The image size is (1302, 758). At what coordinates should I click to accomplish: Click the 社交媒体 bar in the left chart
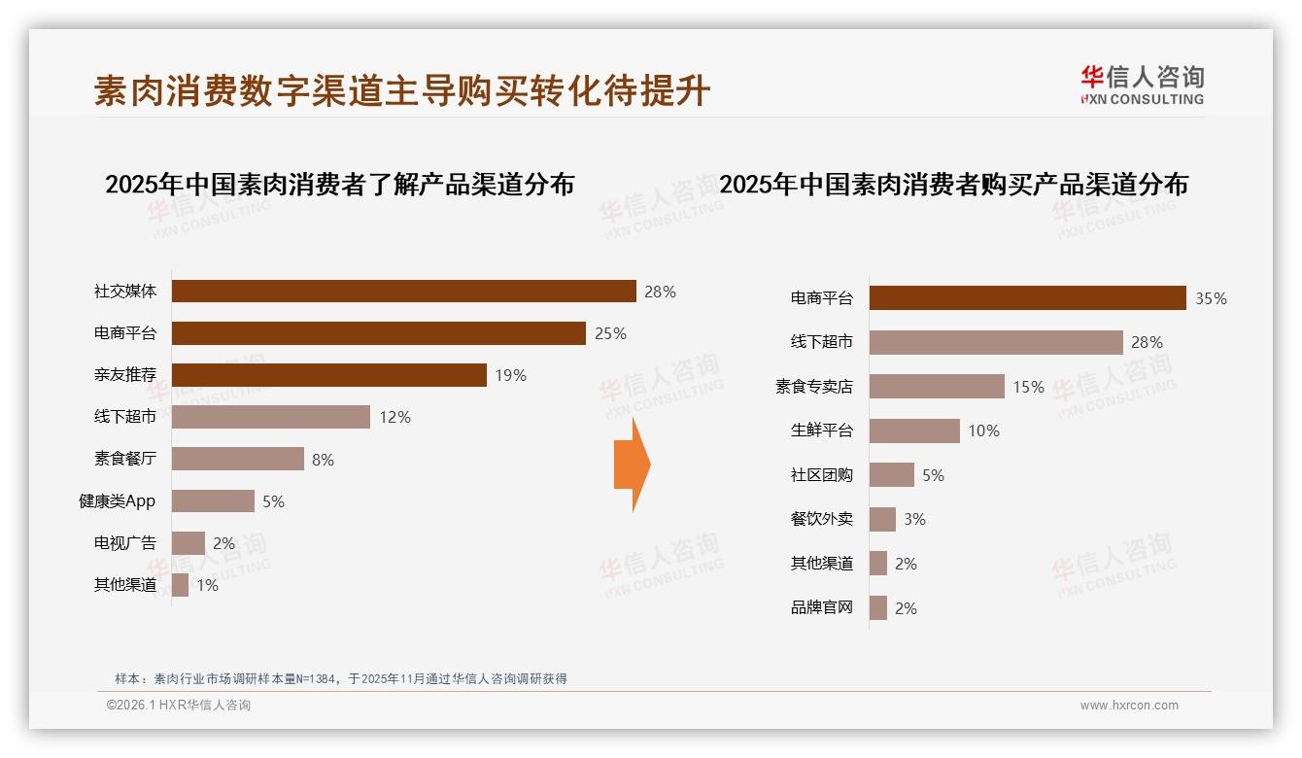[x=403, y=292]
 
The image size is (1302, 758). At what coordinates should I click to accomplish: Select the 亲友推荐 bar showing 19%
[x=328, y=375]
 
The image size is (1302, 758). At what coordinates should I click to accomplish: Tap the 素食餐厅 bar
[x=238, y=459]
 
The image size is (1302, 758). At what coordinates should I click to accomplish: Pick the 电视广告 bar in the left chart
[x=188, y=543]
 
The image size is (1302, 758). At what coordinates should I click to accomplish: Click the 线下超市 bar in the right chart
[x=996, y=342]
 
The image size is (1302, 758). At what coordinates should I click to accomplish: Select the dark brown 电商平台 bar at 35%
[x=1027, y=298]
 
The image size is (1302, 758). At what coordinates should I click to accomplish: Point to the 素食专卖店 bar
[x=937, y=387]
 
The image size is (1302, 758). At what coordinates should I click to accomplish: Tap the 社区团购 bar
[x=892, y=475]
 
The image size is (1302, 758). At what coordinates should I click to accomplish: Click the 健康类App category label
[x=117, y=501]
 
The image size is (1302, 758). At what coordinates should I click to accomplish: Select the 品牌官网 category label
[x=821, y=608]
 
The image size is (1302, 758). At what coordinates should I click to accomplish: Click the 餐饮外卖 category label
[x=821, y=519]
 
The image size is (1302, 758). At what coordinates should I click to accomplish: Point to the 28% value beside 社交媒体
[x=660, y=292]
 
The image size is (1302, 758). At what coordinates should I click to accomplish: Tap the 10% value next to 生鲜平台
[x=983, y=431]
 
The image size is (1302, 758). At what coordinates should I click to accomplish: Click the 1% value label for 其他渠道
[x=207, y=585]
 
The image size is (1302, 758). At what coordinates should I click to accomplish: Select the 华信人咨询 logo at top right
[x=1142, y=85]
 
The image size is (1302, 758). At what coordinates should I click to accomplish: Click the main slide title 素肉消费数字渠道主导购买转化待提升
[x=402, y=91]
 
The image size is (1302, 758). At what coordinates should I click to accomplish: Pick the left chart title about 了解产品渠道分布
[x=339, y=185]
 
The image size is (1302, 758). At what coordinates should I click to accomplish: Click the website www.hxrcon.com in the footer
[x=1129, y=706]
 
